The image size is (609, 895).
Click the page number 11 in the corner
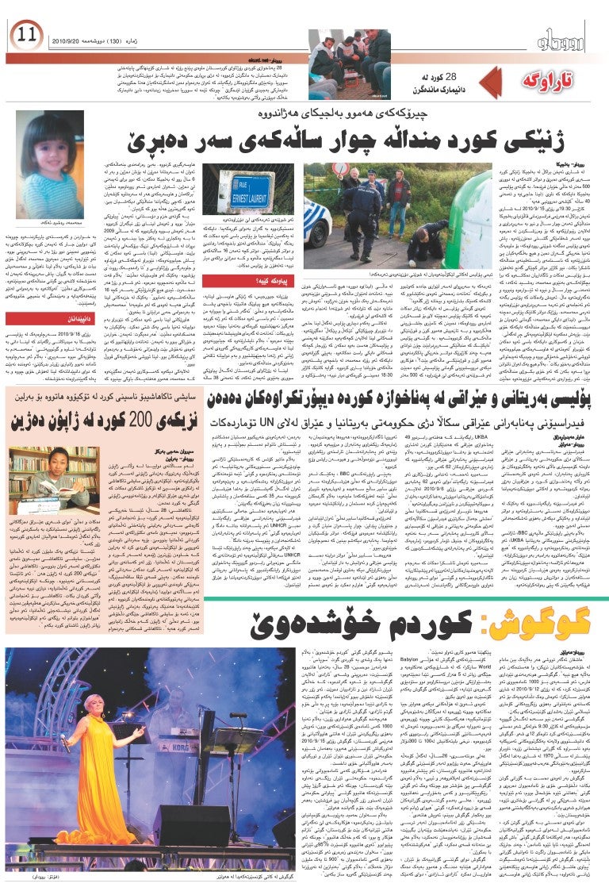coord(25,33)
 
